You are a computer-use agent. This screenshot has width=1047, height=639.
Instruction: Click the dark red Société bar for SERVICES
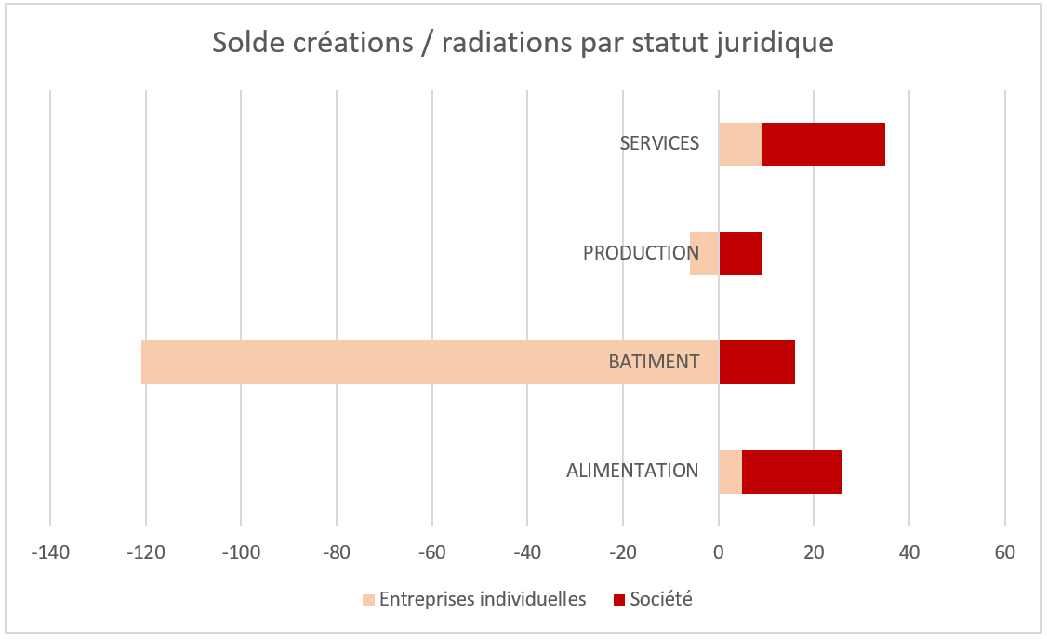pyautogui.click(x=823, y=144)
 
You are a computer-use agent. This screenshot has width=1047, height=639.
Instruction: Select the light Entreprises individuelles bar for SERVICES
pyautogui.click(x=740, y=144)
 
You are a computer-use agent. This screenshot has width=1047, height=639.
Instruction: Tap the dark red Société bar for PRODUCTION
pyautogui.click(x=740, y=253)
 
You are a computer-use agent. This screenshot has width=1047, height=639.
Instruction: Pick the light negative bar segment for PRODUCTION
pyautogui.click(x=705, y=253)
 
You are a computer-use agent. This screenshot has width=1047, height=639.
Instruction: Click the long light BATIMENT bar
pyautogui.click(x=372, y=362)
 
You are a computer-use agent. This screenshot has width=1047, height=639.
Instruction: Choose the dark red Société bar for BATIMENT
pyautogui.click(x=757, y=362)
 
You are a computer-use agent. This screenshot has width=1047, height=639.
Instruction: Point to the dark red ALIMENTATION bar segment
pyautogui.click(x=792, y=471)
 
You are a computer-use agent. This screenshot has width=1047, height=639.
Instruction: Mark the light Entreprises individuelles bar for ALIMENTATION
pyautogui.click(x=730, y=471)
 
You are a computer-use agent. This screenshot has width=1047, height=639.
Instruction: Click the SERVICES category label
pyautogui.click(x=659, y=143)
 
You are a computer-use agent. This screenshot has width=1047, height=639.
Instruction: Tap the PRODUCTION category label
pyautogui.click(x=641, y=253)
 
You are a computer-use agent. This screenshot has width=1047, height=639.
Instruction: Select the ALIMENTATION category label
pyautogui.click(x=632, y=471)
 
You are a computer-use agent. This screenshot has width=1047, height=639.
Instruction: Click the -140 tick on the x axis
pyautogui.click(x=49, y=552)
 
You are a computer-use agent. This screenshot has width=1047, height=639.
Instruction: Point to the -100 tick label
pyautogui.click(x=240, y=552)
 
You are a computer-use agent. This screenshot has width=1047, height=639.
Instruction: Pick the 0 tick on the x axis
pyautogui.click(x=719, y=552)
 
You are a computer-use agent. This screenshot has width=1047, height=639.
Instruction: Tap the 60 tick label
pyautogui.click(x=1004, y=552)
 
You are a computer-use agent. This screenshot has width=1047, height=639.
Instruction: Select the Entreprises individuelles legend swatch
pyautogui.click(x=369, y=600)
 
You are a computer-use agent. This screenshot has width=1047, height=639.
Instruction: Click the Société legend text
pyautogui.click(x=661, y=599)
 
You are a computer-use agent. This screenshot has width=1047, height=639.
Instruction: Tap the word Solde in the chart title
pyautogui.click(x=245, y=43)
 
